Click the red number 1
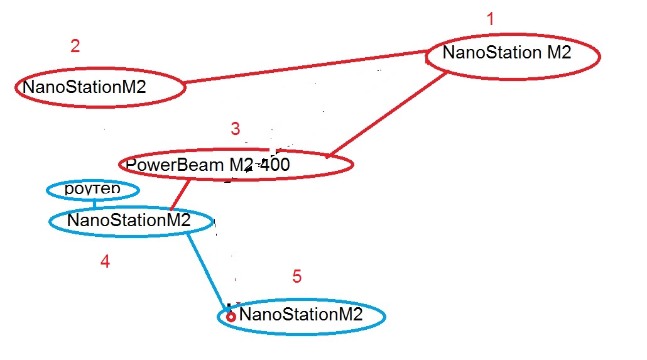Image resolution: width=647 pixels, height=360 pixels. tap(491, 19)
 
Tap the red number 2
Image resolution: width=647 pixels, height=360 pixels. tap(75, 46)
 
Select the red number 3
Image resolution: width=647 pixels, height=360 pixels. tap(235, 129)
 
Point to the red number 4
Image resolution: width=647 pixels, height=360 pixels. tap(106, 261)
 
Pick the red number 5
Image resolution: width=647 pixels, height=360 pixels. tap(297, 276)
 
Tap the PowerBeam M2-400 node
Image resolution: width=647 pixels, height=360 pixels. tap(236, 165)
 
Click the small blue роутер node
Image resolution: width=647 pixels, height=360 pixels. tap(93, 188)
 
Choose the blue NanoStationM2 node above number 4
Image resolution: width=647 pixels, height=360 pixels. tap(129, 221)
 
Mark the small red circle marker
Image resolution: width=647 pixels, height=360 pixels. tap(231, 317)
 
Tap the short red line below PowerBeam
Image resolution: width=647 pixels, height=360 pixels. tap(180, 195)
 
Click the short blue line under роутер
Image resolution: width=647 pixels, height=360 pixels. tap(95, 204)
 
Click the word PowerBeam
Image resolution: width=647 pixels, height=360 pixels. tap(166, 165)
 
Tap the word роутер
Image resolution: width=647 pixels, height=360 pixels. tap(92, 187)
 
